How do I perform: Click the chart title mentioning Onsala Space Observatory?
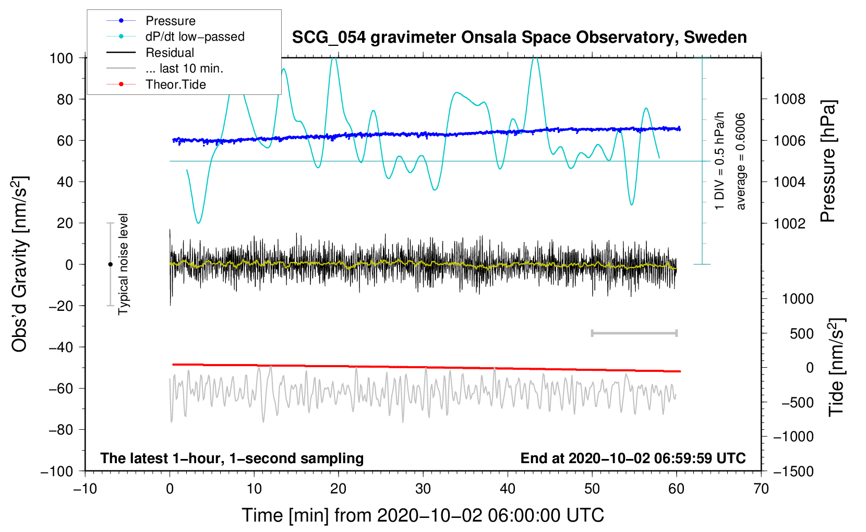tap(519, 38)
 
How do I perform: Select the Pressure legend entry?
tap(170, 21)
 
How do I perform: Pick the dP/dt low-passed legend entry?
tap(195, 37)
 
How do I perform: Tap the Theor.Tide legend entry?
tap(175, 84)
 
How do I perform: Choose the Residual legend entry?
tap(170, 53)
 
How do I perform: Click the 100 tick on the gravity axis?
tap(61, 58)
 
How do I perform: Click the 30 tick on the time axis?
tap(423, 489)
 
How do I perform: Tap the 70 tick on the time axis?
tap(761, 489)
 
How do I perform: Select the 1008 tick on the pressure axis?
tap(789, 99)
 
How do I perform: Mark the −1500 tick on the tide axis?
tap(793, 471)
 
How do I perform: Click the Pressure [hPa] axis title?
tap(828, 162)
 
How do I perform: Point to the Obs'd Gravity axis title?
tap(20, 264)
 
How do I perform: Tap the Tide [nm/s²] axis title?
tap(836, 367)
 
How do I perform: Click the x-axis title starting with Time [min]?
tap(423, 515)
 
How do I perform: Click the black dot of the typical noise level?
tap(110, 264)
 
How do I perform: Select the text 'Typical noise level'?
tap(123, 264)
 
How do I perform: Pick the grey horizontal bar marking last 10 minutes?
tap(634, 333)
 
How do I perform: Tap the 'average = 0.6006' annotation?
tap(741, 162)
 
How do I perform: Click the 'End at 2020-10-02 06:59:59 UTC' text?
tap(633, 458)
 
